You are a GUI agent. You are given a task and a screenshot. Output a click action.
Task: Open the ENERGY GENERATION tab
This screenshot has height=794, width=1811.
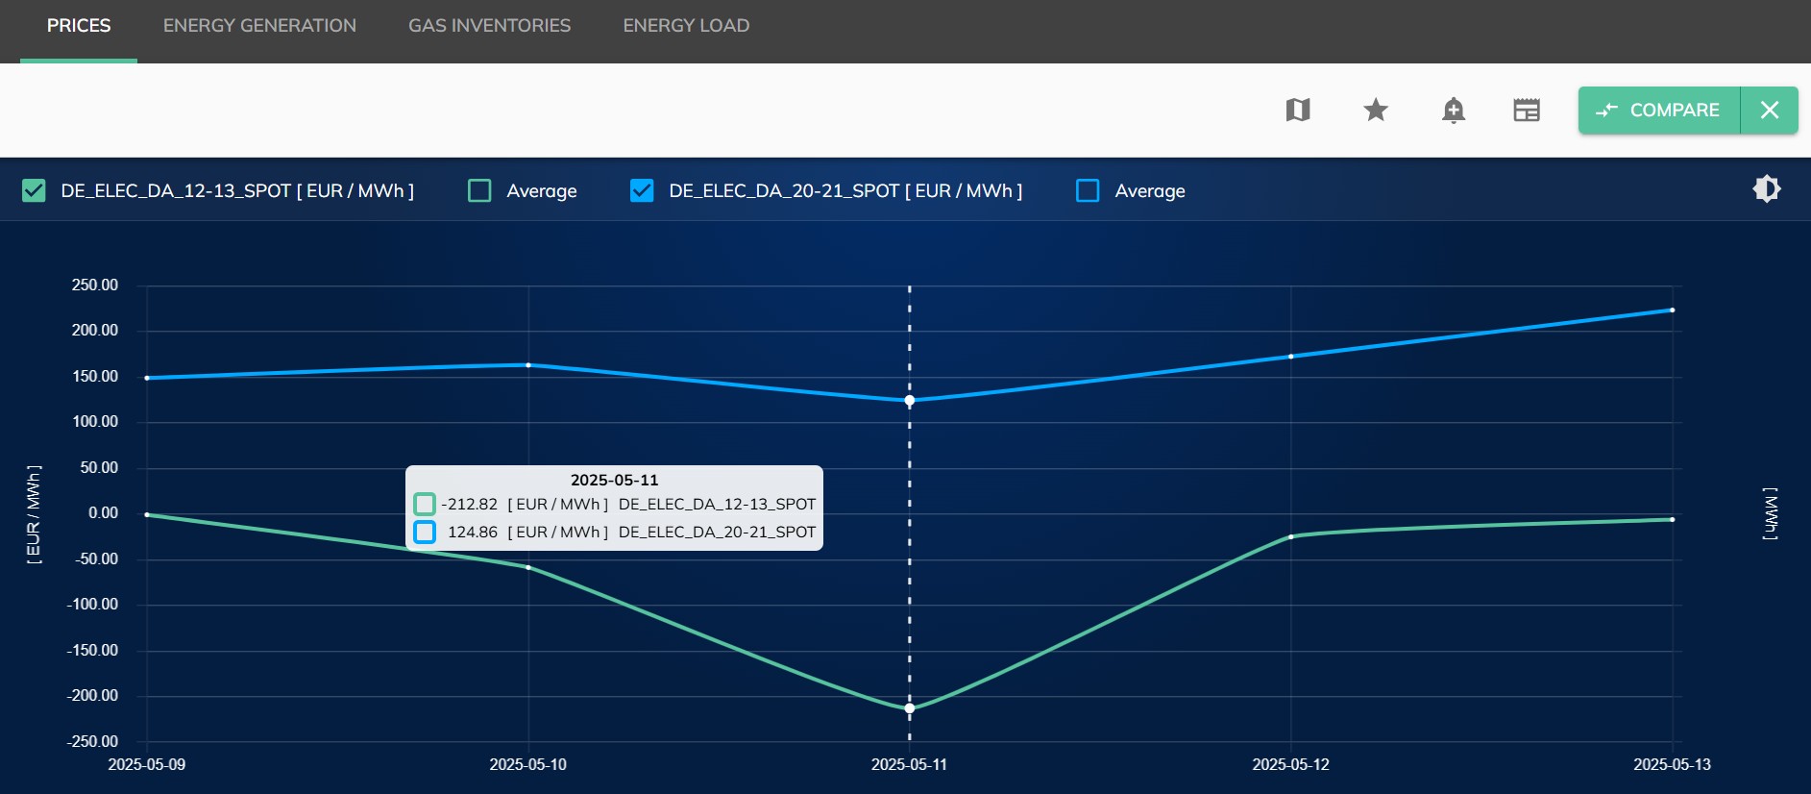(x=259, y=26)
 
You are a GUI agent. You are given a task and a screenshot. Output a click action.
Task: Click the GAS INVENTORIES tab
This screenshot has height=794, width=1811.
(x=489, y=26)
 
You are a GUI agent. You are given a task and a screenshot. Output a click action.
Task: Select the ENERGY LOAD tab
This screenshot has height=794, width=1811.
(x=686, y=26)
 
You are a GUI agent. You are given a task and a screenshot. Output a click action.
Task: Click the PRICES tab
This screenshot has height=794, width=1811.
(x=79, y=26)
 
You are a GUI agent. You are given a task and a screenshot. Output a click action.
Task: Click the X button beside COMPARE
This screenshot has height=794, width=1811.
(x=1769, y=111)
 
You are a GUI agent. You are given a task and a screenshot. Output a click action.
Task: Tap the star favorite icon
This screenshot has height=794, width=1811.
(x=1376, y=111)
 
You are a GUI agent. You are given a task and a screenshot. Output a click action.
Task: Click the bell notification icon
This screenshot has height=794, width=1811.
(x=1453, y=111)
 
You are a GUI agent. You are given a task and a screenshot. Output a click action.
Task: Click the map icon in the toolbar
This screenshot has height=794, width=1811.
(x=1298, y=111)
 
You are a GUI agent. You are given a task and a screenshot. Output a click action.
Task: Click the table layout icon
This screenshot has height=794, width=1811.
(x=1527, y=111)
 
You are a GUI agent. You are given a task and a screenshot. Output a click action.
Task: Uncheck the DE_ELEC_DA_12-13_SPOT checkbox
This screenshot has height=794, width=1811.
(x=34, y=190)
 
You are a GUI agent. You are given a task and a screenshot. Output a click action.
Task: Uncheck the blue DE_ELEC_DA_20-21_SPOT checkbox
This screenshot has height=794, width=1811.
(x=642, y=190)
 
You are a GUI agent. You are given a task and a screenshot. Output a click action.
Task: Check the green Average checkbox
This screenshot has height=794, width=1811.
(x=479, y=190)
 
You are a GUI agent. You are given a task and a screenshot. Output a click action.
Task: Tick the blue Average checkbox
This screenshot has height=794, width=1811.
(x=1088, y=190)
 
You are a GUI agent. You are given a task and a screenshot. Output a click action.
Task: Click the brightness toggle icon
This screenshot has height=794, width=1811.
(x=1766, y=188)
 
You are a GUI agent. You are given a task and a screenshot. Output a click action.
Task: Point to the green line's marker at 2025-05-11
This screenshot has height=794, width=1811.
(x=910, y=708)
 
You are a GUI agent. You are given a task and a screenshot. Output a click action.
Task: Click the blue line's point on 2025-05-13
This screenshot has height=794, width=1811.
(x=1672, y=310)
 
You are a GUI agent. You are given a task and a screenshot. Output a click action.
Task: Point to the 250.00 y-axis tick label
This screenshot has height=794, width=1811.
(x=94, y=285)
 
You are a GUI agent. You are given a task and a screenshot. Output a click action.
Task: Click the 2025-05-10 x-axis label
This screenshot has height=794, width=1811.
(x=527, y=764)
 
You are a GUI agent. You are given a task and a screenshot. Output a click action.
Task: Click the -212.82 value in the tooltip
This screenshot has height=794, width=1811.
(x=470, y=504)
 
